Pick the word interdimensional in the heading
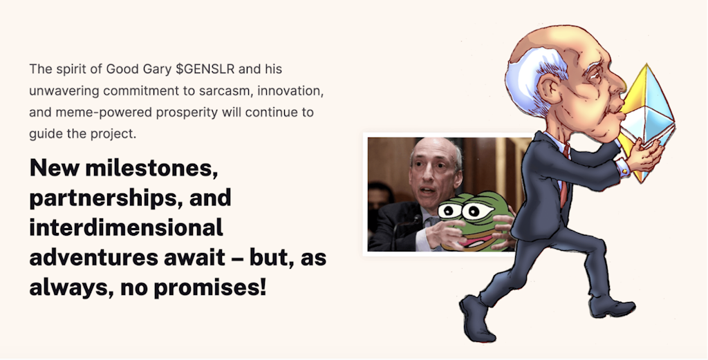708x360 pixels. pyautogui.click(x=126, y=227)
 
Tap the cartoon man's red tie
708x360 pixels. pyautogui.click(x=565, y=176)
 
